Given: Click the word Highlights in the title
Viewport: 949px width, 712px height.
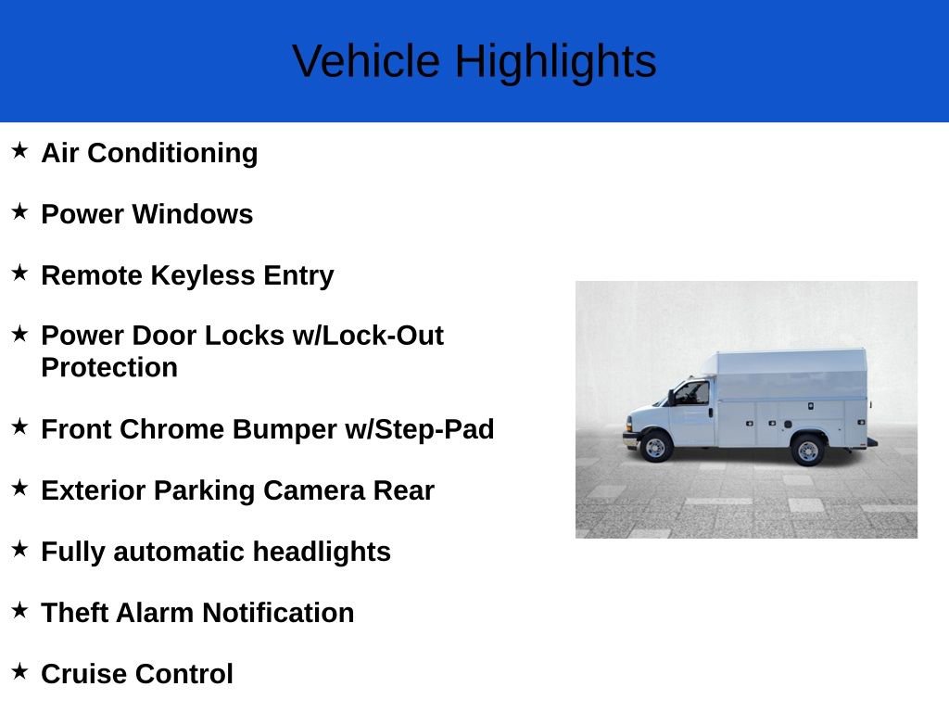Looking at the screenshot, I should click(555, 61).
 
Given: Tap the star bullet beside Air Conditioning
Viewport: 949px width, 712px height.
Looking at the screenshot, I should click(19, 150).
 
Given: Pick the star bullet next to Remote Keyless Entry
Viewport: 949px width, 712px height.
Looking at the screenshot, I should click(19, 273).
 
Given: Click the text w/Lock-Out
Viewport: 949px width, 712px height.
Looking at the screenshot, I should click(368, 336).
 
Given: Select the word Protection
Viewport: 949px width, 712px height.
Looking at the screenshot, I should click(109, 367).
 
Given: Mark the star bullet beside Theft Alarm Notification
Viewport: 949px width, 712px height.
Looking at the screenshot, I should click(19, 610).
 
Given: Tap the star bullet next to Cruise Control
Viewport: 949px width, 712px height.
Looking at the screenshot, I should click(19, 671).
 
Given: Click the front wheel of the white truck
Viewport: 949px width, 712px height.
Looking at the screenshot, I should click(656, 447).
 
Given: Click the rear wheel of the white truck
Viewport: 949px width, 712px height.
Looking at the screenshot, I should click(807, 450).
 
